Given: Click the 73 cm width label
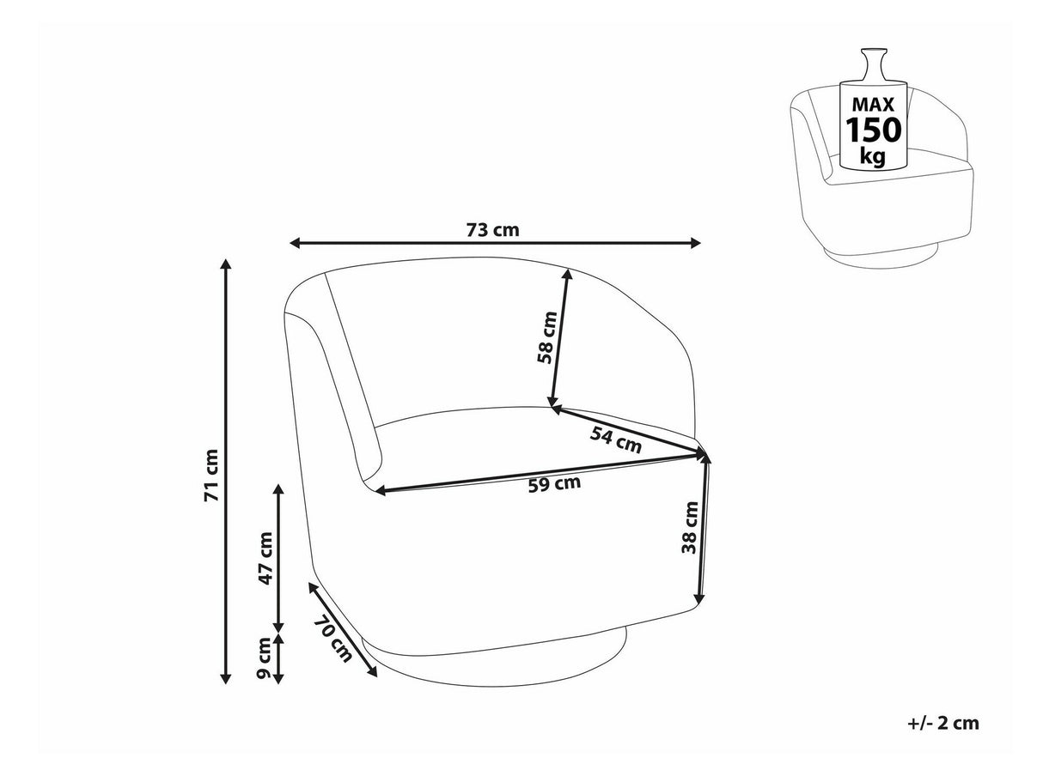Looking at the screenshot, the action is [x=493, y=230].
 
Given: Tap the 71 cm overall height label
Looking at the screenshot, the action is [x=211, y=476].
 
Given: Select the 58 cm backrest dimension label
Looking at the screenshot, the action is [x=547, y=337].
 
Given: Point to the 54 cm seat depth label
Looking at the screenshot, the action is [x=616, y=439].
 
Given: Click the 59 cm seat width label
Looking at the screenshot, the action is [x=554, y=485].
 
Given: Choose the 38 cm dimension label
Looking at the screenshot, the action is [x=690, y=528].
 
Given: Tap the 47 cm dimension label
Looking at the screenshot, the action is [x=265, y=559].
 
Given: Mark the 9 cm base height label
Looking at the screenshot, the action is [x=263, y=658].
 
